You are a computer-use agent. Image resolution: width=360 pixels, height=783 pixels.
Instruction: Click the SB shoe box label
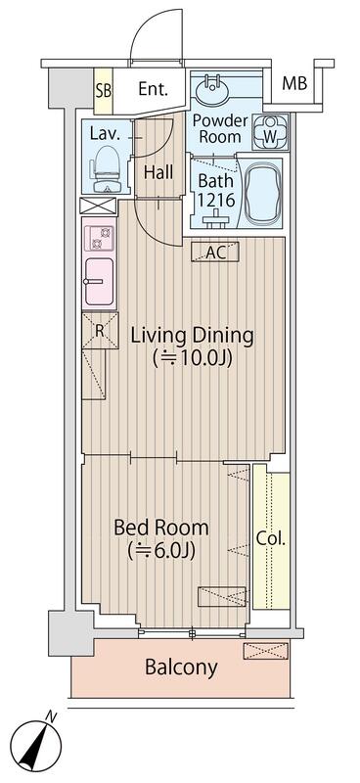[103, 89]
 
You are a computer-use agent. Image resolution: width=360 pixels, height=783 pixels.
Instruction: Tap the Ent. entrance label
[154, 89]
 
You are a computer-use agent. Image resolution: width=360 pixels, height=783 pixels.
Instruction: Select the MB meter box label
[294, 83]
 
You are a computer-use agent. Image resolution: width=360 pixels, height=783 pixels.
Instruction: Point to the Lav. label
[105, 133]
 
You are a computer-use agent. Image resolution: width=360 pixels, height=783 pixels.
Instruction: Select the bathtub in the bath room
[262, 193]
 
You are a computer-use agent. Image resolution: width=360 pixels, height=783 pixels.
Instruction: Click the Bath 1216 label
[215, 190]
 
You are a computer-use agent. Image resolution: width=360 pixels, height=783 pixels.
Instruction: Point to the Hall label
[158, 172]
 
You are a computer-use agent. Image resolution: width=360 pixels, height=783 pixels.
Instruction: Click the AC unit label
[216, 253]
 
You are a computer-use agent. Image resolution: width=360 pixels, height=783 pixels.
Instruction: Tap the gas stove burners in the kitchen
[99, 238]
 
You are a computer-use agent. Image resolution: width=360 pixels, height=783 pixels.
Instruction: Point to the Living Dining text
[192, 336]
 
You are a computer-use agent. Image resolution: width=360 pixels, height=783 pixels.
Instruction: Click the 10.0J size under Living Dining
[192, 359]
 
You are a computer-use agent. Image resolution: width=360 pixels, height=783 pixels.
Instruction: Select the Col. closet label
[270, 537]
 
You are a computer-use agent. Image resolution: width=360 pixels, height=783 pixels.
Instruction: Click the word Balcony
[181, 668]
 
